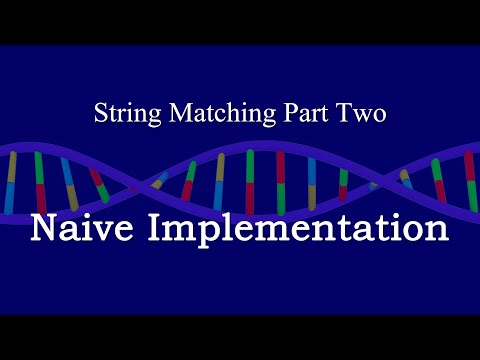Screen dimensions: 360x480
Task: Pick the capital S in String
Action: [100, 113]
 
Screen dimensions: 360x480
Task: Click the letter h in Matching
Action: [215, 113]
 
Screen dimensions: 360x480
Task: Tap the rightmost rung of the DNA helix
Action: [469, 180]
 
